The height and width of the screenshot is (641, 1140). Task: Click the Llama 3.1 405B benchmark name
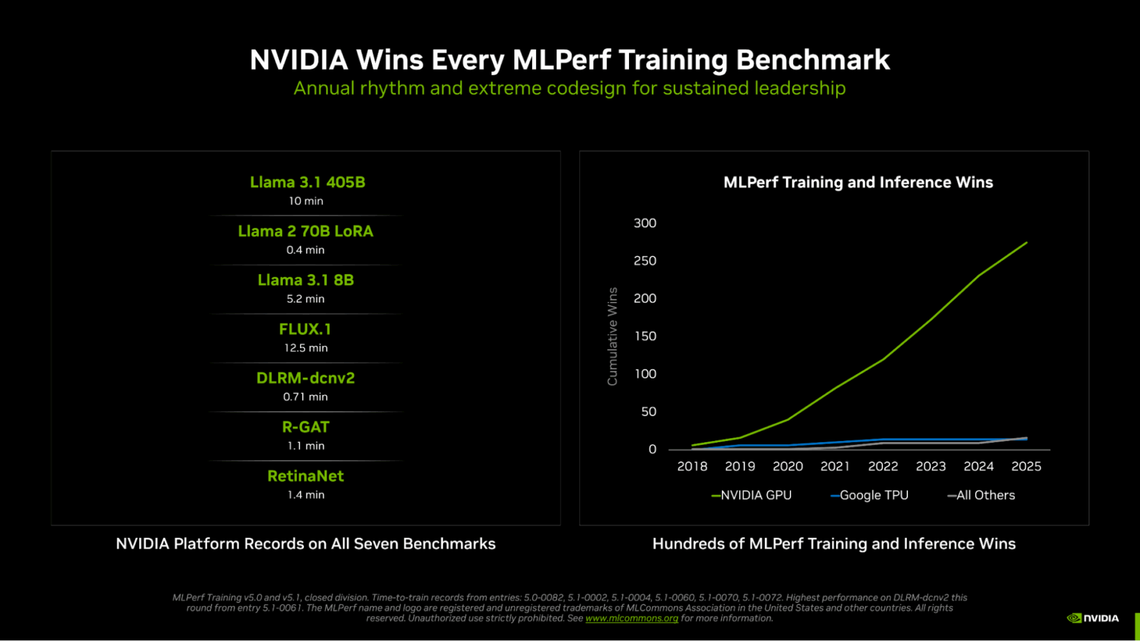307,182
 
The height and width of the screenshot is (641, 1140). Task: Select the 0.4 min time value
305,250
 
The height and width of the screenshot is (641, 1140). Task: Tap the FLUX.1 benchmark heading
305,330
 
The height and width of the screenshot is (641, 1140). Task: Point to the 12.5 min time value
305,348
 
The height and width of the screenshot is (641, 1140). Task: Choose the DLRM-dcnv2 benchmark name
305,378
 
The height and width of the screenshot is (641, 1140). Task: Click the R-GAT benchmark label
305,427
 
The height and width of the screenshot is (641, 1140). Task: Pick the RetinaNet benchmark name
305,476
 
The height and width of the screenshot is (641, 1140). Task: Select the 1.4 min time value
305,495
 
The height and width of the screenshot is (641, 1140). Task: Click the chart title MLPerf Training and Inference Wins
858,182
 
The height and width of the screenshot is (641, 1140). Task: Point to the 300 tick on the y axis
645,223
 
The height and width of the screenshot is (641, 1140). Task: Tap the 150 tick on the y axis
645,336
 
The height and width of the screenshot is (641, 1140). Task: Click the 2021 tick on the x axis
835,467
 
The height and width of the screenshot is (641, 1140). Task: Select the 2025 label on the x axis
1026,467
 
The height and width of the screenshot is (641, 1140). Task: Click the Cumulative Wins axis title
613,336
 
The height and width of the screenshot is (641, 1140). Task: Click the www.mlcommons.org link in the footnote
632,619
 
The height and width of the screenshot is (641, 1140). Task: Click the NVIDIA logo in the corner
1092,618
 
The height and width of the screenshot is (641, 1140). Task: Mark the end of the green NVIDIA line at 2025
1027,243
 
